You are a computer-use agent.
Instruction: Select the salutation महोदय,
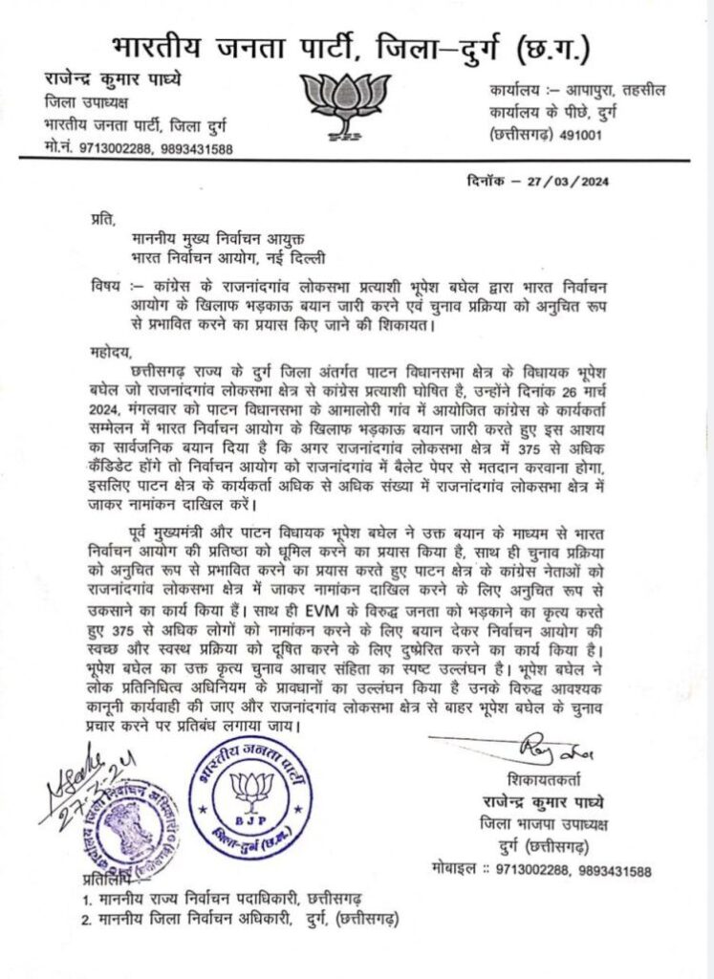pyautogui.click(x=89, y=350)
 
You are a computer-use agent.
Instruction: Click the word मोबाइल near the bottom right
pyautogui.click(x=453, y=871)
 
